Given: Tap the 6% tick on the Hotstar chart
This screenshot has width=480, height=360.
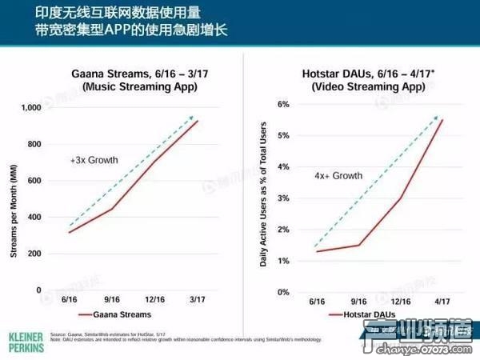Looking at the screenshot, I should pos(282,104).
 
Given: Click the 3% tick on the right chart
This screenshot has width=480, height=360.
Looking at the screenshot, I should pos(282,198).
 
